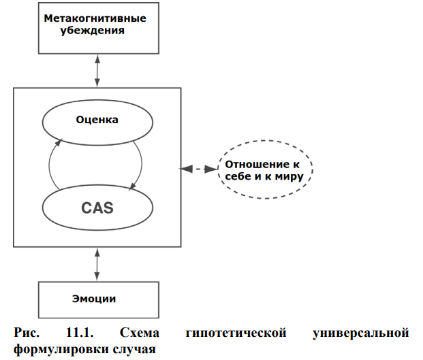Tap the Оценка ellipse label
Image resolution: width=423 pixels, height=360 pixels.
tap(97, 120)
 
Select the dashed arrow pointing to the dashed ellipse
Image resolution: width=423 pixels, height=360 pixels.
tap(199, 169)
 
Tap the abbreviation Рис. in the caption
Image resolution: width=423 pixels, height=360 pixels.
tap(26, 334)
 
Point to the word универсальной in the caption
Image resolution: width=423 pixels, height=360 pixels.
tap(360, 334)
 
